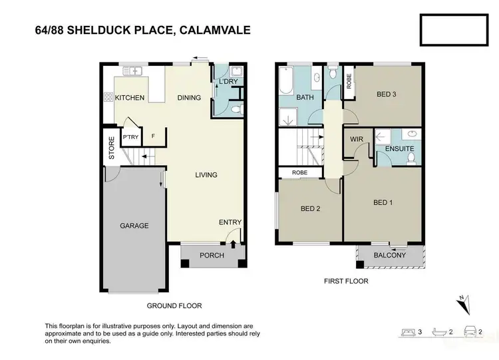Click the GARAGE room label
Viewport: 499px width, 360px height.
[134, 226]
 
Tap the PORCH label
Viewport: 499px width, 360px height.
[212, 256]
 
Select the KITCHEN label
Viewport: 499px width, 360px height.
[130, 98]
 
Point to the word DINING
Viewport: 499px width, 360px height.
[189, 98]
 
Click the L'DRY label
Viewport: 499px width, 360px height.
[228, 82]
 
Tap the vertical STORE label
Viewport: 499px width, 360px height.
[112, 148]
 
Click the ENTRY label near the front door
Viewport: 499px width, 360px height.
[230, 222]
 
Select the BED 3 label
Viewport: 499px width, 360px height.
[387, 94]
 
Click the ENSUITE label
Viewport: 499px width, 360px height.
[399, 148]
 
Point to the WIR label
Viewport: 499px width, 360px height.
[356, 138]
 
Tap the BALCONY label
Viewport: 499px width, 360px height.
[389, 256]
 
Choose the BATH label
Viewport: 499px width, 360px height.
[305, 98]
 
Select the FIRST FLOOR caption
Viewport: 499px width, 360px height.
[346, 281]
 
